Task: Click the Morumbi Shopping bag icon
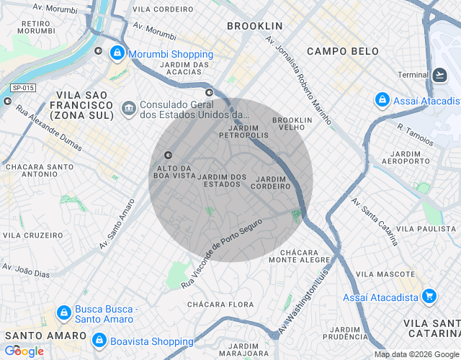(116, 53)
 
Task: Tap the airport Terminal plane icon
(440, 75)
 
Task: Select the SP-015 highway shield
(23, 88)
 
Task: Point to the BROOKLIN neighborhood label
(254, 26)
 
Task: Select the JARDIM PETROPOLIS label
(243, 130)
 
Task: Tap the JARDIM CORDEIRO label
(270, 182)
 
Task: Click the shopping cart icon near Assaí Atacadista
(429, 296)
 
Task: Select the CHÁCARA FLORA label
(220, 305)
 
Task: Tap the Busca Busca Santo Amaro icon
(63, 314)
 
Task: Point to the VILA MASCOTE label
(385, 274)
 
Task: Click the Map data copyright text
(416, 354)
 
